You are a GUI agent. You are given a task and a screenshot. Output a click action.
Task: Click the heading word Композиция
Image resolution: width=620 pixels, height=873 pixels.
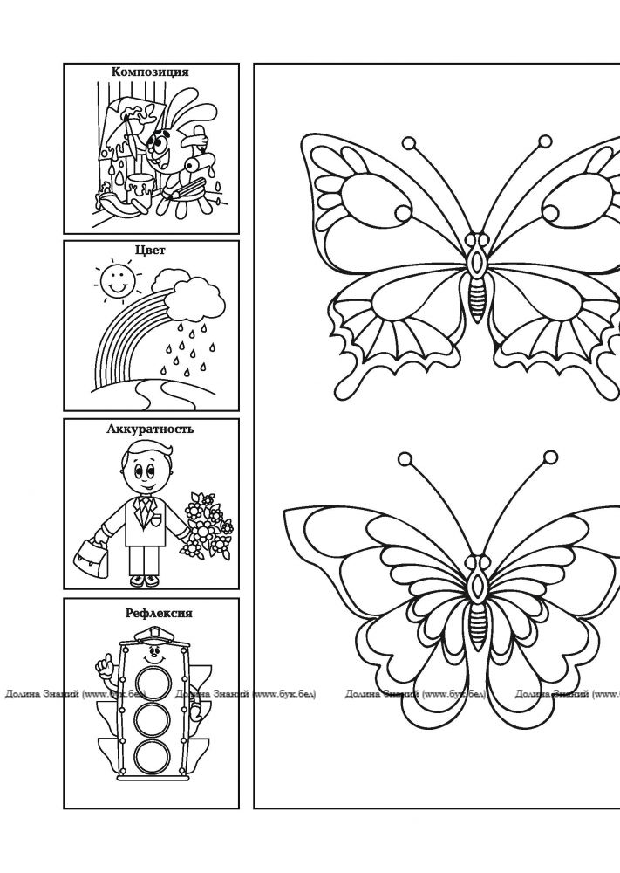pyautogui.click(x=150, y=72)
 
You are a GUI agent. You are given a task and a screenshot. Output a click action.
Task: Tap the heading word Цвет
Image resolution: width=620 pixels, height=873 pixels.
pyautogui.click(x=150, y=250)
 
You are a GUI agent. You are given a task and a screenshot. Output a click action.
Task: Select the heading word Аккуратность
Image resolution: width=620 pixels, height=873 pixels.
pyautogui.click(x=150, y=429)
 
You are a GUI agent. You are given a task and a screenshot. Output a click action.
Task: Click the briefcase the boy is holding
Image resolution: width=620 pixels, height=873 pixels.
pyautogui.click(x=92, y=557)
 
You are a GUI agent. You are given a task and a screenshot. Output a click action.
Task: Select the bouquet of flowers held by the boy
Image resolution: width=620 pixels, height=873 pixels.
pyautogui.click(x=207, y=526)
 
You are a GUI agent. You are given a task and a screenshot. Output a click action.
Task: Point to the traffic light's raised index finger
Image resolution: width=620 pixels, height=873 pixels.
pyautogui.click(x=103, y=659)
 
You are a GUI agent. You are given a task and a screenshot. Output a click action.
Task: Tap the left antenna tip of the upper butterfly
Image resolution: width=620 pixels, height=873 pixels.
pyautogui.click(x=409, y=144)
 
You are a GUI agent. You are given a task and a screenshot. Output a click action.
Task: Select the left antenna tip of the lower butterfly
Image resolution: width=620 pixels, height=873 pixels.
pyautogui.click(x=405, y=459)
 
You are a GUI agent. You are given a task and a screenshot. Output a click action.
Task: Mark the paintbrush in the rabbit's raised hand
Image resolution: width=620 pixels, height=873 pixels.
pyautogui.click(x=132, y=134)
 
